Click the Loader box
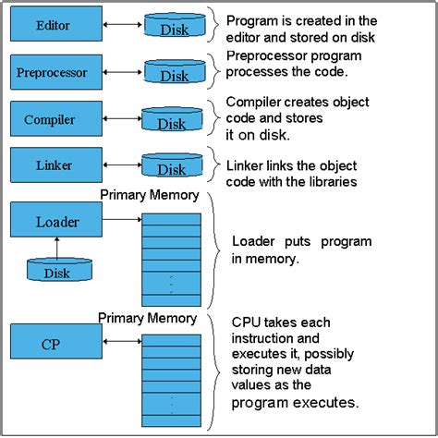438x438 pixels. [57, 222]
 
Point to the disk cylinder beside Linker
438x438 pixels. [172, 167]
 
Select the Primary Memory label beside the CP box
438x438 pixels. [149, 318]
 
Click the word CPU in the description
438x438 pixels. [249, 321]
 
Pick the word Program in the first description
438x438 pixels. [253, 20]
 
